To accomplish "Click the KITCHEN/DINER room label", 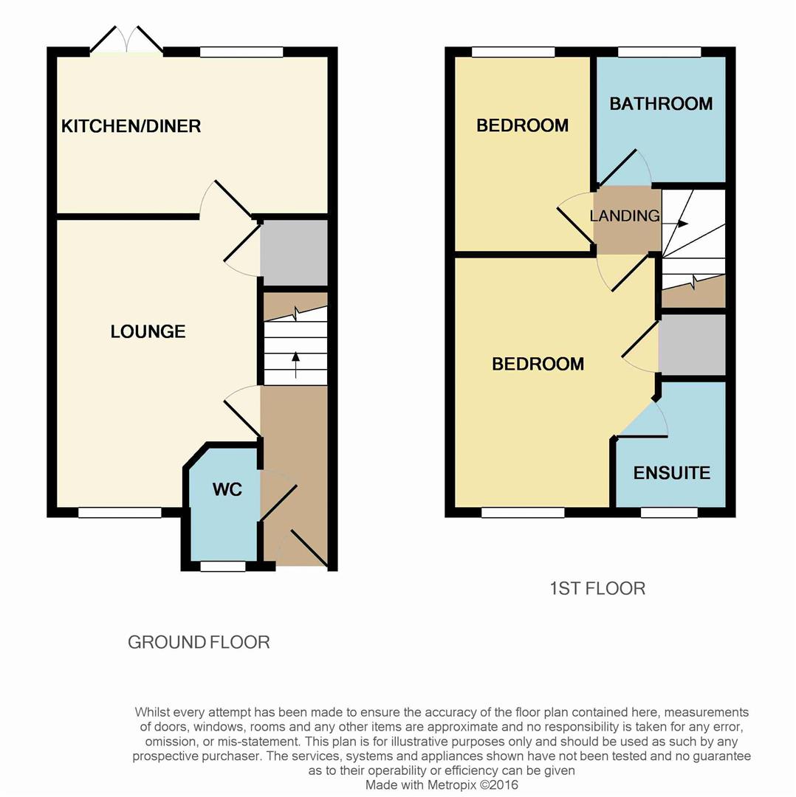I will pyautogui.click(x=131, y=126).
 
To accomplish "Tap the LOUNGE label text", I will pyautogui.click(x=148, y=332).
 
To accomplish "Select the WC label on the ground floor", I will pyautogui.click(x=227, y=490).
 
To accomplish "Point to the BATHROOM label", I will pyautogui.click(x=661, y=103).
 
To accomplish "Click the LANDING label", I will pyautogui.click(x=625, y=216).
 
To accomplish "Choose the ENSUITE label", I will pyautogui.click(x=672, y=473).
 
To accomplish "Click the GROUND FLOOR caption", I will pyautogui.click(x=199, y=642).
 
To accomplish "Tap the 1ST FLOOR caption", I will pyautogui.click(x=597, y=588).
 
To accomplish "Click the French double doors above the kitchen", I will pyautogui.click(x=126, y=41).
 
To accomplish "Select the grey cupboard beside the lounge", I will pyautogui.click(x=294, y=252).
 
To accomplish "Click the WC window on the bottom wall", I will pyautogui.click(x=223, y=567).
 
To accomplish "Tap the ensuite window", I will pyautogui.click(x=669, y=513).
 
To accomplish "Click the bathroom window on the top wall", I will pyautogui.click(x=659, y=52).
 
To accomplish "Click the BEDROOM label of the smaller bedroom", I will pyautogui.click(x=522, y=125).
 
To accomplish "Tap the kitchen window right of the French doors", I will pyautogui.click(x=241, y=52).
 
